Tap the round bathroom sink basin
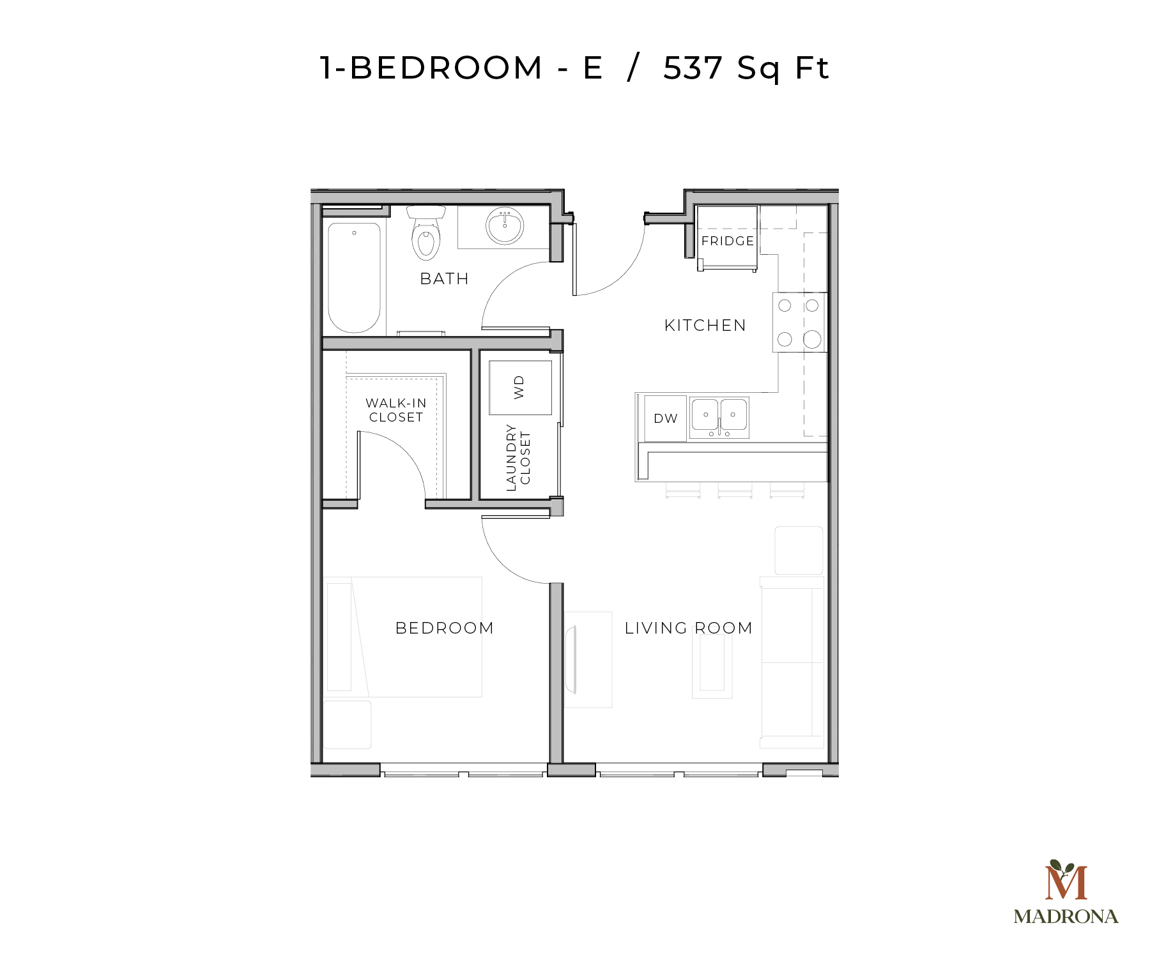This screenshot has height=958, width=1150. (x=505, y=225)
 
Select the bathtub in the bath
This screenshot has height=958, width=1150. (x=354, y=277)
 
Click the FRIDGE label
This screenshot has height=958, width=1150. (x=728, y=241)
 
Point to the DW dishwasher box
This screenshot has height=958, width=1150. (x=665, y=418)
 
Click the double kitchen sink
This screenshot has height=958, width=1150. (x=719, y=418)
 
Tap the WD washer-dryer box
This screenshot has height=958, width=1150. (x=520, y=388)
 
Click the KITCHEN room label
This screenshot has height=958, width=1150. (x=705, y=326)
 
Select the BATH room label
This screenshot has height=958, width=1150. (x=445, y=279)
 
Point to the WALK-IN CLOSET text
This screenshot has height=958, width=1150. (x=396, y=410)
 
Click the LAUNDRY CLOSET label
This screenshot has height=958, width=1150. (x=518, y=457)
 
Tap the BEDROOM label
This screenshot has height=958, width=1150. (x=445, y=628)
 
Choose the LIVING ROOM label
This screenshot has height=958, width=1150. (x=689, y=628)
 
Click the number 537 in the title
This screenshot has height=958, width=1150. (x=693, y=68)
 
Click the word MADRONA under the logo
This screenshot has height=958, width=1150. (x=1066, y=917)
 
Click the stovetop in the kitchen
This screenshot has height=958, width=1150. (x=799, y=323)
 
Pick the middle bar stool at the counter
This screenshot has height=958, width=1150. (x=735, y=490)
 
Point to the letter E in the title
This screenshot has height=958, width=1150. (x=593, y=68)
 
